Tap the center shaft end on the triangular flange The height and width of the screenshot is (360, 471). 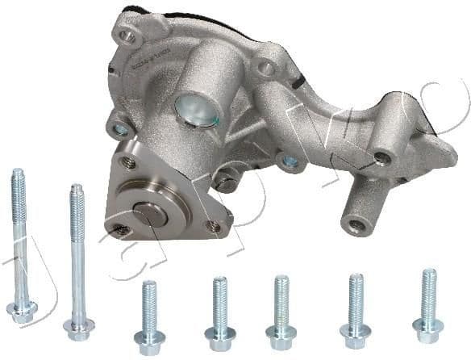click(151, 213)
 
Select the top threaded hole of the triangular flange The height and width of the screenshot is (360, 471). click(127, 162)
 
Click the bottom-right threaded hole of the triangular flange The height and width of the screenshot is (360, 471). click(214, 227)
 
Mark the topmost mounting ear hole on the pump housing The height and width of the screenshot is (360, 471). click(126, 36)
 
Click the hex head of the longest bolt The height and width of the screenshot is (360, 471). click(22, 310)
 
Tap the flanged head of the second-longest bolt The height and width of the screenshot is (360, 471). click(79, 328)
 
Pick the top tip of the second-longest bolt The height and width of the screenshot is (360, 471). click(76, 189)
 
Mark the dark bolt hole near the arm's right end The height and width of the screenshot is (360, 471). click(381, 158)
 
